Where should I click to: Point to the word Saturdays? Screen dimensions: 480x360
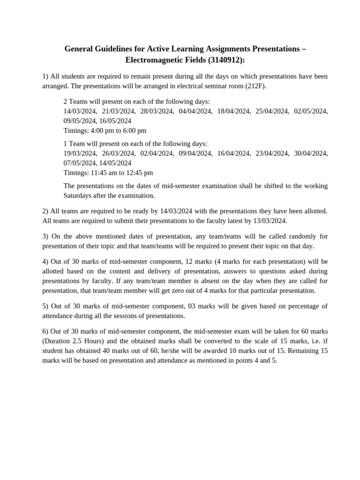tap(78, 195)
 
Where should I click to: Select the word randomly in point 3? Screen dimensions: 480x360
tap(299, 236)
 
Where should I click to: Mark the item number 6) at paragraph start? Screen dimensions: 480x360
tap(45, 331)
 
